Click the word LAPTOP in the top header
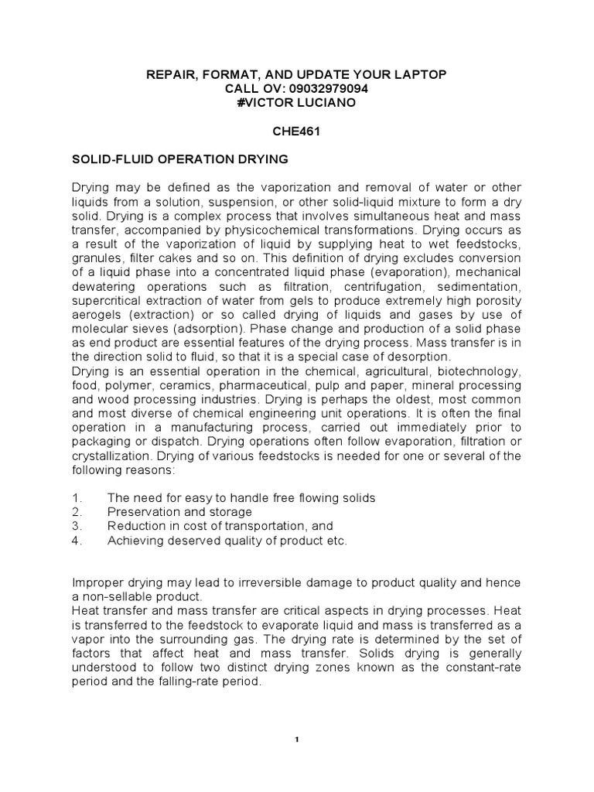tap(418, 75)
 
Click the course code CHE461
tap(296, 132)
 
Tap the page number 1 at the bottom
tap(297, 740)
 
